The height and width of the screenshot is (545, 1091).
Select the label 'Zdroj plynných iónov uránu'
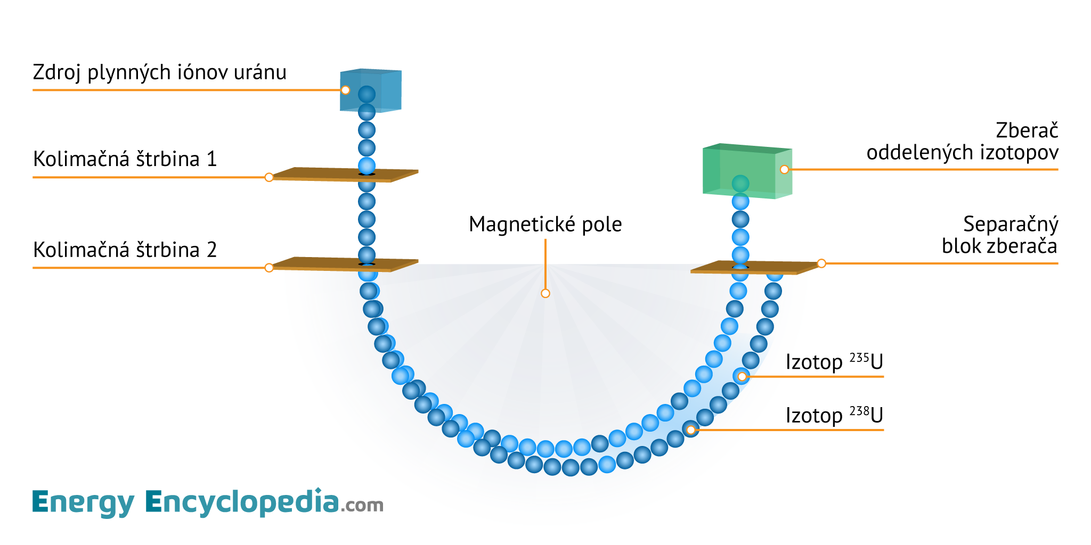(159, 72)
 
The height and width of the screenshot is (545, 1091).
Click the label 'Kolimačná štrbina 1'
(125, 159)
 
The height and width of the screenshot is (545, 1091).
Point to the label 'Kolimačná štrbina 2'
(125, 250)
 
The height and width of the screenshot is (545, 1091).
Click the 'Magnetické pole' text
(545, 225)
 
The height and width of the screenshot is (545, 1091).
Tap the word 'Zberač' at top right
(1027, 131)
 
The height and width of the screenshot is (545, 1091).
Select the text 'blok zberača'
(999, 246)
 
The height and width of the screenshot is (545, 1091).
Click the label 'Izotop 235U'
(834, 362)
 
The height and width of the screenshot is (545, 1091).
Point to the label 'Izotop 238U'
(834, 415)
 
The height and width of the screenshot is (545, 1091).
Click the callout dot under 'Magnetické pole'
(545, 293)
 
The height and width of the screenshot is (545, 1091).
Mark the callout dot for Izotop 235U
(742, 377)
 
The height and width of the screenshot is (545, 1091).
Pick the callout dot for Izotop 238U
(690, 430)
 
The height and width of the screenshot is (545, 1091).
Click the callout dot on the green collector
(784, 169)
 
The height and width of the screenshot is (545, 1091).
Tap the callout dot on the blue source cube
(345, 90)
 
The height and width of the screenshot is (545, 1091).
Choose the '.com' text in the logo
(362, 505)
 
